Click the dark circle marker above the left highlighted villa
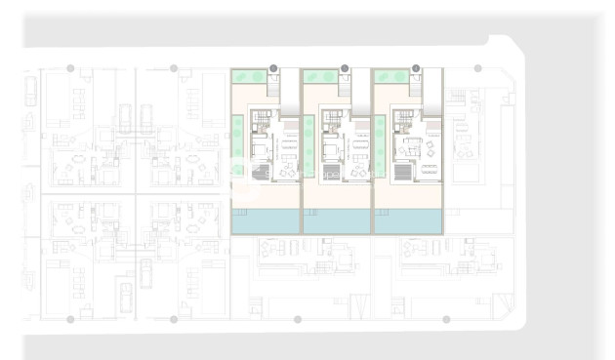(x=273, y=68)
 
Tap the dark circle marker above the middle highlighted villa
(x=345, y=68)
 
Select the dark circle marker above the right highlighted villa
(x=416, y=68)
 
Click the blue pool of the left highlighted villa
(x=266, y=221)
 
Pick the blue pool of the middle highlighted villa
(x=337, y=221)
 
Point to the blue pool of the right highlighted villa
(x=409, y=221)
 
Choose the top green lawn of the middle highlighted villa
(x=318, y=75)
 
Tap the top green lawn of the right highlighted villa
(x=390, y=75)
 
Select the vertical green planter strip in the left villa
(x=236, y=146)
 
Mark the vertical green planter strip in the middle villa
(x=307, y=146)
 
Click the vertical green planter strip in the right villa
(x=380, y=146)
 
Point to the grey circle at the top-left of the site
(x=70, y=68)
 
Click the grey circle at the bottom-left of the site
(x=70, y=319)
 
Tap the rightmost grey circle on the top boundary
(x=477, y=68)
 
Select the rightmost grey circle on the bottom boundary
(x=446, y=319)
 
